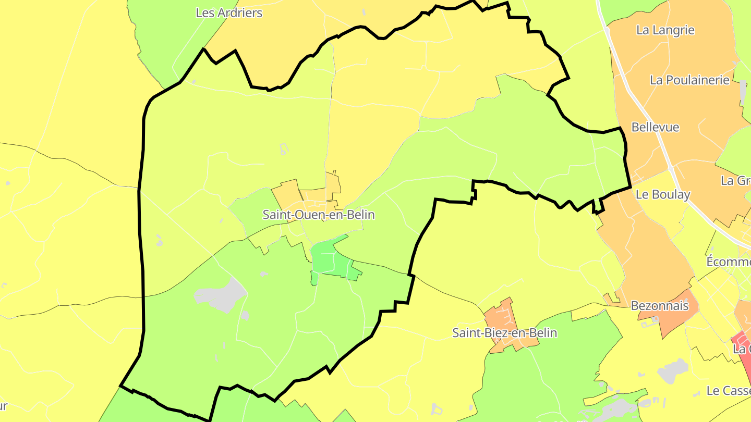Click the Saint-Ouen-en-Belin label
[318, 215]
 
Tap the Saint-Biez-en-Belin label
[504, 333]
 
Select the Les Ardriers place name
[229, 13]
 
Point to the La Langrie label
[665, 30]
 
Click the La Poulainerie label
[689, 80]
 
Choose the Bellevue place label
[655, 127]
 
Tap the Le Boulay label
[663, 195]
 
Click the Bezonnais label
[659, 306]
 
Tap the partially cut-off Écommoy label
[728, 262]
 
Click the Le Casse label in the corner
[728, 391]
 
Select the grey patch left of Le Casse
[673, 370]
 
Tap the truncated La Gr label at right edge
[735, 181]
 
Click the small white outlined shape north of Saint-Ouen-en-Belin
[284, 149]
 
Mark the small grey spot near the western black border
[159, 240]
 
